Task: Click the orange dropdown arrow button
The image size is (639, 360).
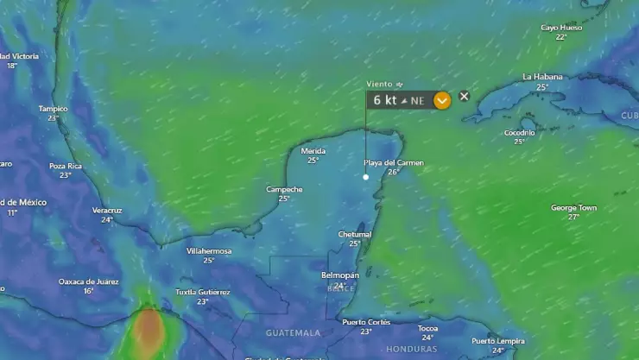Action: point(442,100)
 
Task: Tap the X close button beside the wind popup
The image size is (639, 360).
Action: point(464,97)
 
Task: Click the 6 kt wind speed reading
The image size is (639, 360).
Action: point(385,100)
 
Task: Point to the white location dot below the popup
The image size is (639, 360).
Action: point(366,177)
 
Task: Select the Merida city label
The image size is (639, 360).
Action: point(313,150)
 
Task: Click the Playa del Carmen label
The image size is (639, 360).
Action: point(394,162)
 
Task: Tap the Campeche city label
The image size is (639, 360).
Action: point(284,189)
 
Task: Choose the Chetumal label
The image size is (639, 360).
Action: point(354,234)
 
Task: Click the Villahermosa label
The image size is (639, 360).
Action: point(209,251)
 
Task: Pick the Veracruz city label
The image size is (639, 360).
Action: point(107,210)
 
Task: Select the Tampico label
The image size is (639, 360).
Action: point(53,109)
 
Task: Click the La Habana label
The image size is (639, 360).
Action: point(542,77)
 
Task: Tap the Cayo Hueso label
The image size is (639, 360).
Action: point(561,28)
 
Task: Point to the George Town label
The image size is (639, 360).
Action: point(573,207)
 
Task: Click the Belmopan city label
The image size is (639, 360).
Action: point(339,275)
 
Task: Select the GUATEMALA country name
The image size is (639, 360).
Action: point(293,332)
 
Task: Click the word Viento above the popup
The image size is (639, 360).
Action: point(379,84)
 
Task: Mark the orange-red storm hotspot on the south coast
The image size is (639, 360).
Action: point(149,331)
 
